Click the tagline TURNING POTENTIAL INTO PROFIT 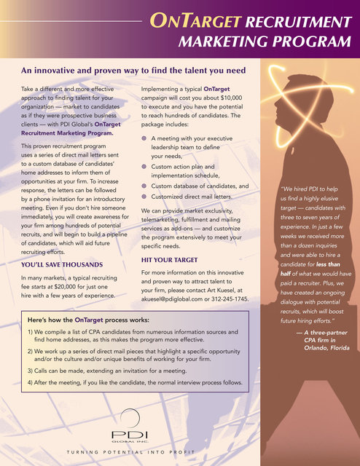[x=135, y=452]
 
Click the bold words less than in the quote [x=324, y=264]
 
